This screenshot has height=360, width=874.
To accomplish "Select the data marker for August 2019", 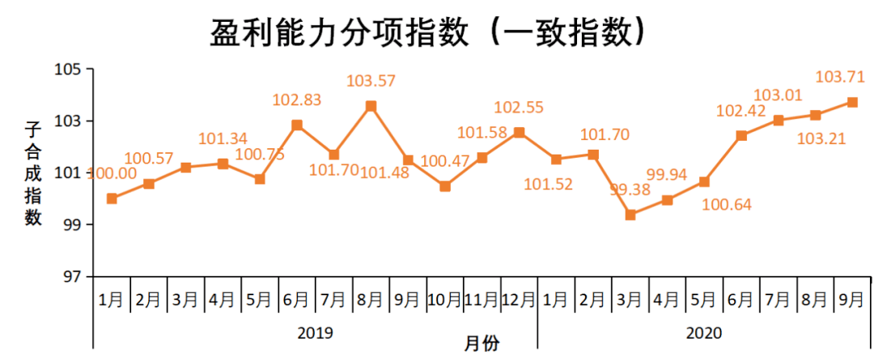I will pyautogui.click(x=371, y=106).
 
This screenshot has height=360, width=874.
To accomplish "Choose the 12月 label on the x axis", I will pyautogui.click(x=520, y=299).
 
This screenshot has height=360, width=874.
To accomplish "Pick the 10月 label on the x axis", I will pyautogui.click(x=445, y=299).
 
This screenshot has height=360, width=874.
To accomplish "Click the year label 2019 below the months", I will pyautogui.click(x=315, y=332).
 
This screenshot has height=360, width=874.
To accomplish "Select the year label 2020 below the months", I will pyautogui.click(x=704, y=332).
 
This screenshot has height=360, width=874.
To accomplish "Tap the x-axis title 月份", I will pyautogui.click(x=482, y=344).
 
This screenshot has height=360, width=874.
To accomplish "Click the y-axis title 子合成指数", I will pyautogui.click(x=33, y=173).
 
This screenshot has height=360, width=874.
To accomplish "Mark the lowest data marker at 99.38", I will pyautogui.click(x=630, y=215).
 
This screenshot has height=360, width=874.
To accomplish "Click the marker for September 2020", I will pyautogui.click(x=852, y=102).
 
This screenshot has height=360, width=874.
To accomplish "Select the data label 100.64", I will pyautogui.click(x=726, y=205).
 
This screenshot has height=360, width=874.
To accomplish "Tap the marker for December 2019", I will pyautogui.click(x=520, y=132).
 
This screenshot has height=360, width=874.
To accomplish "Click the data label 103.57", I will pyautogui.click(x=371, y=81).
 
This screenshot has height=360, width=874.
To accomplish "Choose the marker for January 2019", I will pyautogui.click(x=112, y=198).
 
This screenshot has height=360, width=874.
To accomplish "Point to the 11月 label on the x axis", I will pyautogui.click(x=482, y=299).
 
